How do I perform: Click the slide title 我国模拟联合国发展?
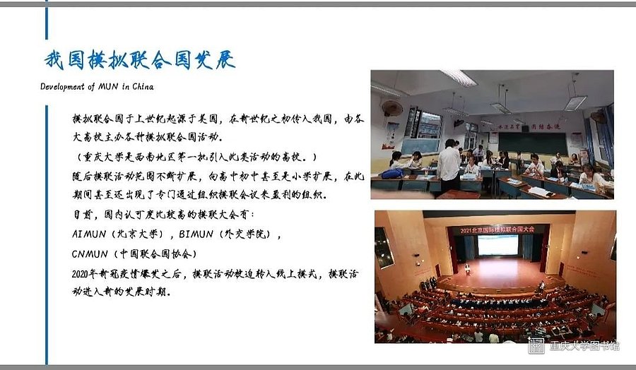139,59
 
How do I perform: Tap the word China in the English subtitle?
143,86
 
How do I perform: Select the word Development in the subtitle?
62,87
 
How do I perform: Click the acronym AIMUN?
89,234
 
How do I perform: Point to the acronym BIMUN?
196,234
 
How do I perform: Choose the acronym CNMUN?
90,254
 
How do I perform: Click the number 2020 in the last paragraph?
80,274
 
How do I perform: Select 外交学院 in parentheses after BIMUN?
246,234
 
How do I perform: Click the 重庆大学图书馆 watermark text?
584,346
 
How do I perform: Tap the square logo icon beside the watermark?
536,346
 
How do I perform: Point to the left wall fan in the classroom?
391,108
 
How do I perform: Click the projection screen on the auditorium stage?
497,245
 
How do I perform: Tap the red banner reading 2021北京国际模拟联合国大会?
497,229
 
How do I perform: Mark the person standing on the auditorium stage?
467,269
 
